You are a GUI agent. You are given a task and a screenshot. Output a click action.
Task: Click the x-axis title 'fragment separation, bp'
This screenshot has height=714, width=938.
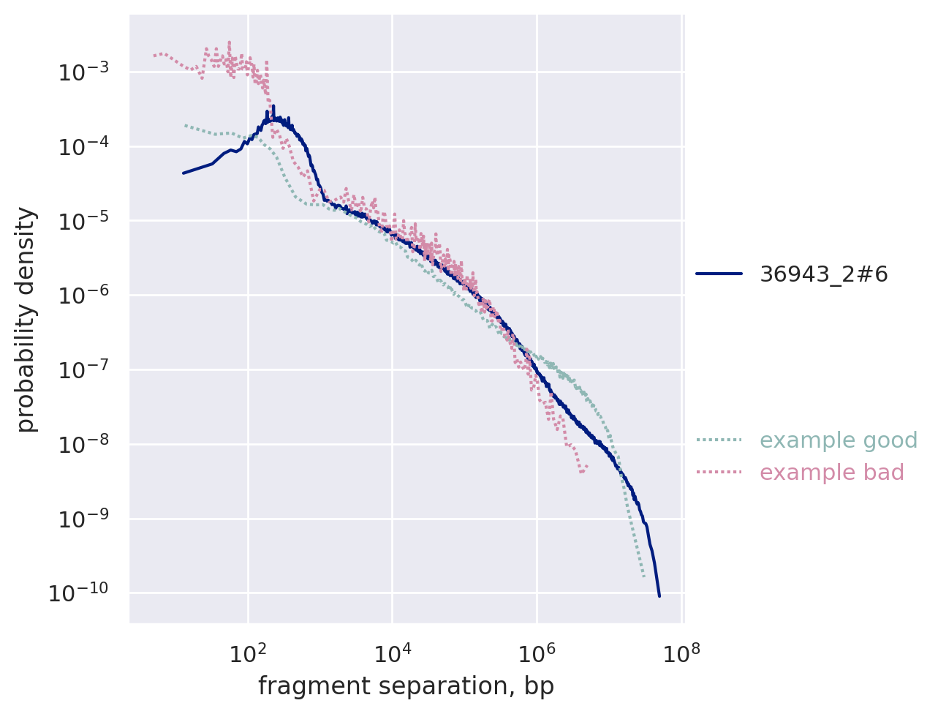406,686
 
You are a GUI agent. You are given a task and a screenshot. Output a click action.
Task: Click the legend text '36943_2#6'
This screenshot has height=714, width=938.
824,274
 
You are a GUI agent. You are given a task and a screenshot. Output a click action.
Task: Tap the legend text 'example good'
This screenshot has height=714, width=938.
839,440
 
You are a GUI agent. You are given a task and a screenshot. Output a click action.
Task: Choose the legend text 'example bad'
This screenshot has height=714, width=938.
832,473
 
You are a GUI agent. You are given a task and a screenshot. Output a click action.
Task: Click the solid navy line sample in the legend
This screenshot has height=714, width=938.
719,274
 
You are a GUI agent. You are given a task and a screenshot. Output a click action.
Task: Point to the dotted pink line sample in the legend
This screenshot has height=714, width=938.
719,473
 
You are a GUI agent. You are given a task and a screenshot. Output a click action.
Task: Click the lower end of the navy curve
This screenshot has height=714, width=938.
659,595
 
